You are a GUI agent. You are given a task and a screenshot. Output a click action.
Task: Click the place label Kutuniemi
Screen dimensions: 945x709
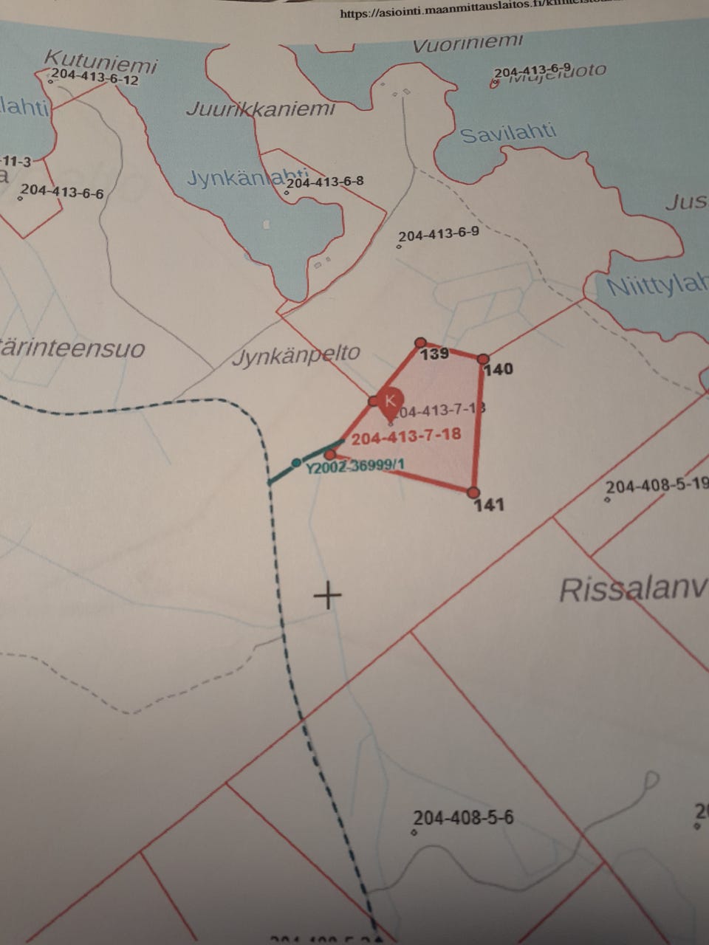click(100, 61)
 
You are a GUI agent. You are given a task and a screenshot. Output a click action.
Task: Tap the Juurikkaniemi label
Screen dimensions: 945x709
click(260, 109)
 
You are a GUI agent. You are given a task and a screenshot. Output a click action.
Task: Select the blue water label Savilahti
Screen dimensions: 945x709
click(508, 134)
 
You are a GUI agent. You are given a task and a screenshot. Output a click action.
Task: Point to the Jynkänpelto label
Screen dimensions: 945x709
click(296, 355)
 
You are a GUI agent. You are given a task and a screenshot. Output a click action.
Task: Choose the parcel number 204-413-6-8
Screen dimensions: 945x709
click(324, 181)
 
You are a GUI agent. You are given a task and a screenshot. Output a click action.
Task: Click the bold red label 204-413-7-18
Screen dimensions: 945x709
click(406, 436)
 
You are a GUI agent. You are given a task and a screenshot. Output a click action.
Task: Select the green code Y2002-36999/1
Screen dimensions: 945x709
click(355, 466)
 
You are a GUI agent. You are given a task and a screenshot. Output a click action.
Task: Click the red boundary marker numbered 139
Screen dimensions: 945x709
click(420, 343)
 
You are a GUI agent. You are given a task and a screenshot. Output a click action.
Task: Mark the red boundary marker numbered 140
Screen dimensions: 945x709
click(483, 359)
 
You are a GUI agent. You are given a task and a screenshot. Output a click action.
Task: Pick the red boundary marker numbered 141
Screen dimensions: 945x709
click(473, 492)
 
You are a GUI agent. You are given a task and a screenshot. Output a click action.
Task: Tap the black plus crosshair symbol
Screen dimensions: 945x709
click(327, 594)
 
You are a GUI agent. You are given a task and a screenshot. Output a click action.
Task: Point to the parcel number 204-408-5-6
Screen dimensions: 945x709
click(463, 817)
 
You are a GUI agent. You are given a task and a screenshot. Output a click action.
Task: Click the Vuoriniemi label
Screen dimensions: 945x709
click(467, 44)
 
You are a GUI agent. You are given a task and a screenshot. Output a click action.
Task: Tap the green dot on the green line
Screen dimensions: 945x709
click(296, 463)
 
